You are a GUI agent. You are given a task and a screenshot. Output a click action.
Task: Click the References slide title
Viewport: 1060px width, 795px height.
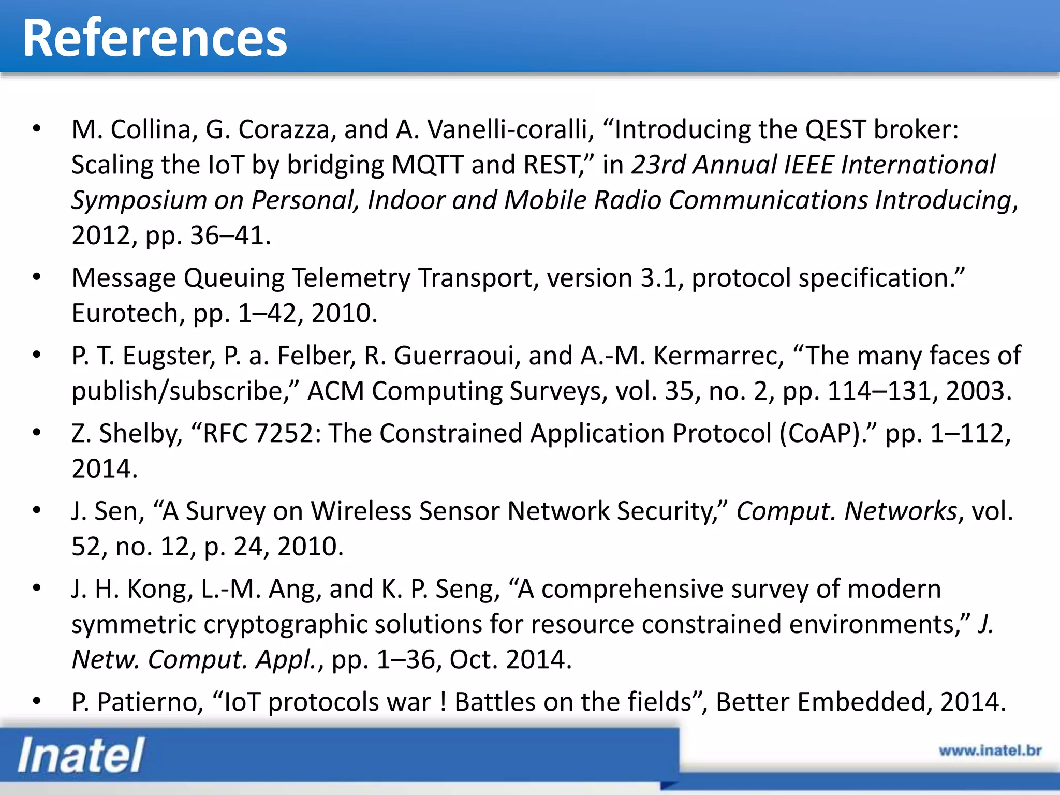click(x=154, y=38)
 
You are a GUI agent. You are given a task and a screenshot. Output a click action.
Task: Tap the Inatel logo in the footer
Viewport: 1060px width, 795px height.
click(x=81, y=755)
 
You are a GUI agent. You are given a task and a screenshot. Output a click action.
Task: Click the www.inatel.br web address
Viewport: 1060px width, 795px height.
click(x=990, y=750)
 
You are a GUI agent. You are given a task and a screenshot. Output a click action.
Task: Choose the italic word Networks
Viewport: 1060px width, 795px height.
click(x=901, y=511)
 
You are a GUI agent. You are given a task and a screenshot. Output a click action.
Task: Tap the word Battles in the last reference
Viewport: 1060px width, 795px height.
click(x=494, y=702)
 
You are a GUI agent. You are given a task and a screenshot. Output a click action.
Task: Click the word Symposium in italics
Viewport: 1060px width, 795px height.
click(x=139, y=200)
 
